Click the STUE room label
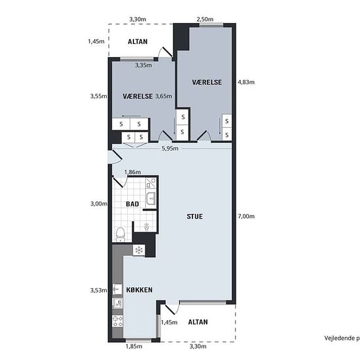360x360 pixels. [194, 217]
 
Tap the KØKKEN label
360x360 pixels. [139, 290]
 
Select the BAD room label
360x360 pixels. [132, 204]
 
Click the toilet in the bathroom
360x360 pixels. [120, 234]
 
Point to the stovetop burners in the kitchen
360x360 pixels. [118, 321]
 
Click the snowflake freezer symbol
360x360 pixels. [139, 250]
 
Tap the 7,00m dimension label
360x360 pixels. [246, 216]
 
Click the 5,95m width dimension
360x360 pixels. [170, 149]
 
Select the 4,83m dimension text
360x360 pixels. [246, 82]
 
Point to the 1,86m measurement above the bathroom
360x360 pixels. [133, 172]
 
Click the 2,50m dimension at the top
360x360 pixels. [205, 19]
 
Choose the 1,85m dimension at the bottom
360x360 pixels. [134, 346]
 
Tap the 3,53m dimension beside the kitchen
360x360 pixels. [98, 290]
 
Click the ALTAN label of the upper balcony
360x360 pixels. [137, 42]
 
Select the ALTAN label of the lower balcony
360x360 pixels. [198, 322]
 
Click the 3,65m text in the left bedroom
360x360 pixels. [164, 96]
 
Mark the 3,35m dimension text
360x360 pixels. [143, 65]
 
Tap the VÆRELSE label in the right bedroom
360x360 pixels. [207, 82]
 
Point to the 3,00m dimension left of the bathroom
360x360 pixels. [99, 204]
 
